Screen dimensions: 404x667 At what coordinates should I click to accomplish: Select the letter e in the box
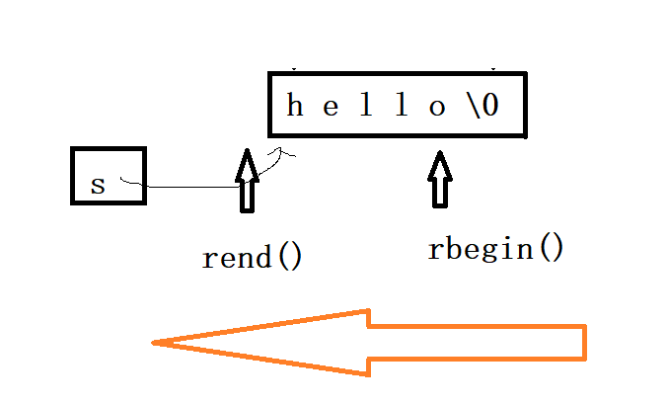[331, 106]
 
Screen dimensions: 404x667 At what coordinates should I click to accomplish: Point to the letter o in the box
[437, 107]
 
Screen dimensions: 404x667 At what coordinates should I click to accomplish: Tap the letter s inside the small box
[97, 185]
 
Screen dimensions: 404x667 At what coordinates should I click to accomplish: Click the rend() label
[252, 258]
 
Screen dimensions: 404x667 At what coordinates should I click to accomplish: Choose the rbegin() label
[495, 248]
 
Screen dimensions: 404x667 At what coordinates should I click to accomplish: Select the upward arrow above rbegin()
[439, 178]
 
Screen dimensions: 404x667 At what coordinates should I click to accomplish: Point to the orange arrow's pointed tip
[158, 343]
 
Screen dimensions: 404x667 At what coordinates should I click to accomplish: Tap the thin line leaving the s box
[187, 187]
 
